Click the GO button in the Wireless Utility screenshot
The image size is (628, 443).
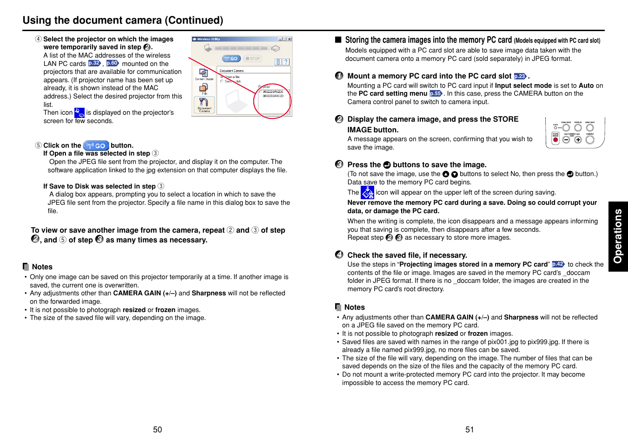pyautogui.click(x=231, y=59)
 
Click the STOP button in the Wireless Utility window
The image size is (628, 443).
pyautogui.click(x=253, y=59)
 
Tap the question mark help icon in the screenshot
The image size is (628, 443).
pyautogui.click(x=286, y=62)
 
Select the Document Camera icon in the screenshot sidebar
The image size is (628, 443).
pyautogui.click(x=204, y=105)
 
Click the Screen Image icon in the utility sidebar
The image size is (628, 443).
pyautogui.click(x=204, y=74)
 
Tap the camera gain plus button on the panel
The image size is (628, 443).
pyautogui.click(x=578, y=139)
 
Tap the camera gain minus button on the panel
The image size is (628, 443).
pyautogui.click(x=566, y=139)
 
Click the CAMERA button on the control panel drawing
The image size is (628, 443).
pyautogui.click(x=590, y=139)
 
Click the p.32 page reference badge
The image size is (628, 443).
pyautogui.click(x=94, y=63)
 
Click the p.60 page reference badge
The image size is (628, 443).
pyautogui.click(x=112, y=63)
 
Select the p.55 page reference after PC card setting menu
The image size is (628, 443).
pyautogui.click(x=436, y=93)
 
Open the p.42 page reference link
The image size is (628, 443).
pyautogui.click(x=558, y=264)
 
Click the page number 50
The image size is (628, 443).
pyautogui.click(x=158, y=430)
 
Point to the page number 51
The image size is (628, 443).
pyautogui.click(x=469, y=430)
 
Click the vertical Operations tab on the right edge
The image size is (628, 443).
pyautogui.click(x=618, y=236)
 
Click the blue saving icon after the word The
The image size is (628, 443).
pyautogui.click(x=367, y=192)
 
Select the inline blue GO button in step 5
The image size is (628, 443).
pyautogui.click(x=96, y=145)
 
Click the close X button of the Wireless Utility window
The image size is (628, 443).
pyautogui.click(x=290, y=39)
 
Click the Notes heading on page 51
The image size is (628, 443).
pyautogui.click(x=354, y=307)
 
